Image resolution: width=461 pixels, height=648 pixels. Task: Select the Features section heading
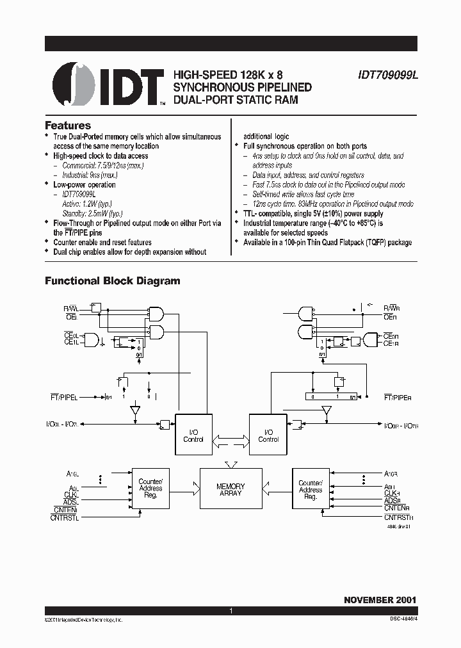click(x=68, y=126)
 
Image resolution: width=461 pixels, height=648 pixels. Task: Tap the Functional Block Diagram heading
click(x=112, y=280)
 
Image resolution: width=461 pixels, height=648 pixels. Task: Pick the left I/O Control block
click(x=193, y=435)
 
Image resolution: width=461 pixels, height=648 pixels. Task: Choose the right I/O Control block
click(x=268, y=435)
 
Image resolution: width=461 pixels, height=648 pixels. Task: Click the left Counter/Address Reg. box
click(x=150, y=489)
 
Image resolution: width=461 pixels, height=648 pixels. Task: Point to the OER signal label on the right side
click(x=391, y=316)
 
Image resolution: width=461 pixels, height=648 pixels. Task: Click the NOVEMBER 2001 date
click(x=380, y=600)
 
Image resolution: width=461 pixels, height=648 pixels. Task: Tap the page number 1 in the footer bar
click(x=230, y=611)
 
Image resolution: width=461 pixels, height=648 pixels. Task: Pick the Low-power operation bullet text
click(x=85, y=184)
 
